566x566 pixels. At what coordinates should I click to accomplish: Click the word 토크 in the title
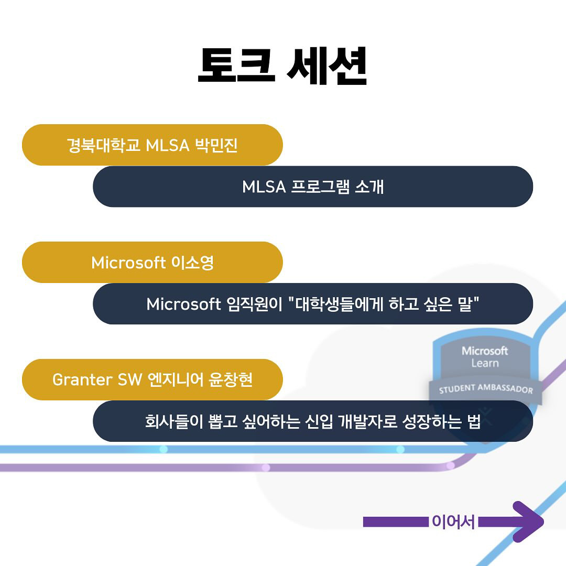click(236, 66)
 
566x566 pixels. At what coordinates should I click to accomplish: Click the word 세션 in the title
click(327, 66)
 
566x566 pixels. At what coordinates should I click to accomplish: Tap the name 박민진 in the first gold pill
click(216, 145)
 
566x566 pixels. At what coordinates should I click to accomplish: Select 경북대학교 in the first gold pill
click(104, 145)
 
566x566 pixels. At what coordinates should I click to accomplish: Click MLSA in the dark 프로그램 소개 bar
click(264, 187)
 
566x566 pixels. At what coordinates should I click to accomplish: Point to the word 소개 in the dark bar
click(369, 187)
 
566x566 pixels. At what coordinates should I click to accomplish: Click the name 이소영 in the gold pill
click(192, 263)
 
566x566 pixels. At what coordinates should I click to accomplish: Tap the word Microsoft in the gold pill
click(128, 263)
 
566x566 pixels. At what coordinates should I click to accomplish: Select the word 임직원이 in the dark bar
click(254, 304)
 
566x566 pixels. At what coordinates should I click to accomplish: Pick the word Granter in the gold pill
click(82, 380)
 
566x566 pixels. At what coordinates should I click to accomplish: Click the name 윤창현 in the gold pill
click(230, 380)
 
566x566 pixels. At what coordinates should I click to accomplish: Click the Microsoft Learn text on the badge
click(485, 357)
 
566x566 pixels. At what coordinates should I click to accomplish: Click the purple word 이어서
click(453, 521)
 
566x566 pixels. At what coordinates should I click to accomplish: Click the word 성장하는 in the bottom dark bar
click(432, 421)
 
